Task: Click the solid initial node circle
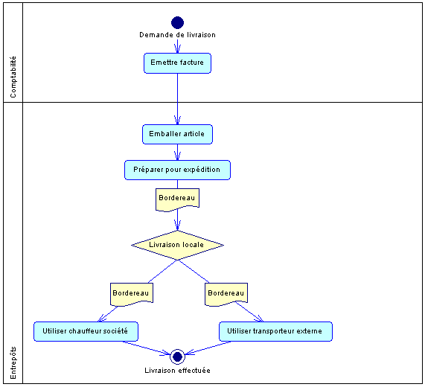click(178, 22)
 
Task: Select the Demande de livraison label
click(178, 35)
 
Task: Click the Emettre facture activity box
click(178, 63)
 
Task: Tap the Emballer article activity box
click(178, 134)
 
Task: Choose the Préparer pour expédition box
click(178, 170)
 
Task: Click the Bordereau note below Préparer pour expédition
click(178, 199)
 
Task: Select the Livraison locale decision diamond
click(178, 245)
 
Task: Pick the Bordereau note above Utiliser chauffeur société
click(132, 294)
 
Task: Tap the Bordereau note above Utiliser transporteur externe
click(226, 294)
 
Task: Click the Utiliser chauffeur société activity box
click(86, 331)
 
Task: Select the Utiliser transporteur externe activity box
click(275, 331)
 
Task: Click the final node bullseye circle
click(178, 356)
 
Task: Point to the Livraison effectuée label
click(178, 371)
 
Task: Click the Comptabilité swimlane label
click(13, 77)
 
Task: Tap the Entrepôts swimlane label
click(13, 363)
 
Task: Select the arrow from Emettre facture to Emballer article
click(178, 99)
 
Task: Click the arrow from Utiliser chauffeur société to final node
click(147, 348)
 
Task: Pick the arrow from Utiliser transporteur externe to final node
click(208, 348)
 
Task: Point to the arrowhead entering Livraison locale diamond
click(178, 226)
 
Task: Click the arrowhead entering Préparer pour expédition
click(178, 156)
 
